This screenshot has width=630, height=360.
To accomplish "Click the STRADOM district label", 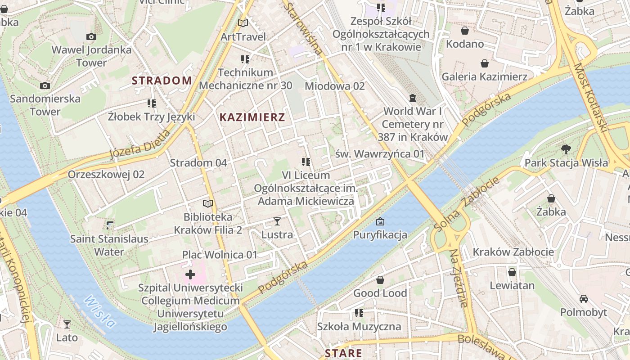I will pos(162,81).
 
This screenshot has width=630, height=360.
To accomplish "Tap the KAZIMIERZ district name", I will pos(252,117).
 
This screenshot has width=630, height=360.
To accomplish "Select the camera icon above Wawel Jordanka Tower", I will pos(91,37).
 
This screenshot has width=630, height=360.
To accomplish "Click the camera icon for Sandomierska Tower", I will pos(45,85).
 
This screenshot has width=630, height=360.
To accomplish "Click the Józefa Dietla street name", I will pos(140,145).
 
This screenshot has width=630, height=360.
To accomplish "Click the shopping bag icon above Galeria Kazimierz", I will pos(485,63).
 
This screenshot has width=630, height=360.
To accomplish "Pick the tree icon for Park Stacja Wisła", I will pos(566,149).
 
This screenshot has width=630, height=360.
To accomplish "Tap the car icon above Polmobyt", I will pos(584,299).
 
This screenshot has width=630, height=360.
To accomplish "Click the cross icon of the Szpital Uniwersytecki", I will pos(190,274).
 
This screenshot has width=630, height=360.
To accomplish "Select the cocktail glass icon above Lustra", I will pos(277,221).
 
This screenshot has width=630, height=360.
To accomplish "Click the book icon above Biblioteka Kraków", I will pos(208,204).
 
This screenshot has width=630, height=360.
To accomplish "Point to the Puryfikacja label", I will pos(380,234).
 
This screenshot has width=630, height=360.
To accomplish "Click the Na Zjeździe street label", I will pos(459,278).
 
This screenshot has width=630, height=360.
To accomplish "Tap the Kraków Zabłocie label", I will pos(513,252).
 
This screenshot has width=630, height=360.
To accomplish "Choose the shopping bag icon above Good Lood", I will pos(380,280).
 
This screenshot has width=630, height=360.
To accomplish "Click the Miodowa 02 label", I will pos(335,85).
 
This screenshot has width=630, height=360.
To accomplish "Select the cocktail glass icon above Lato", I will pos(67,324).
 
